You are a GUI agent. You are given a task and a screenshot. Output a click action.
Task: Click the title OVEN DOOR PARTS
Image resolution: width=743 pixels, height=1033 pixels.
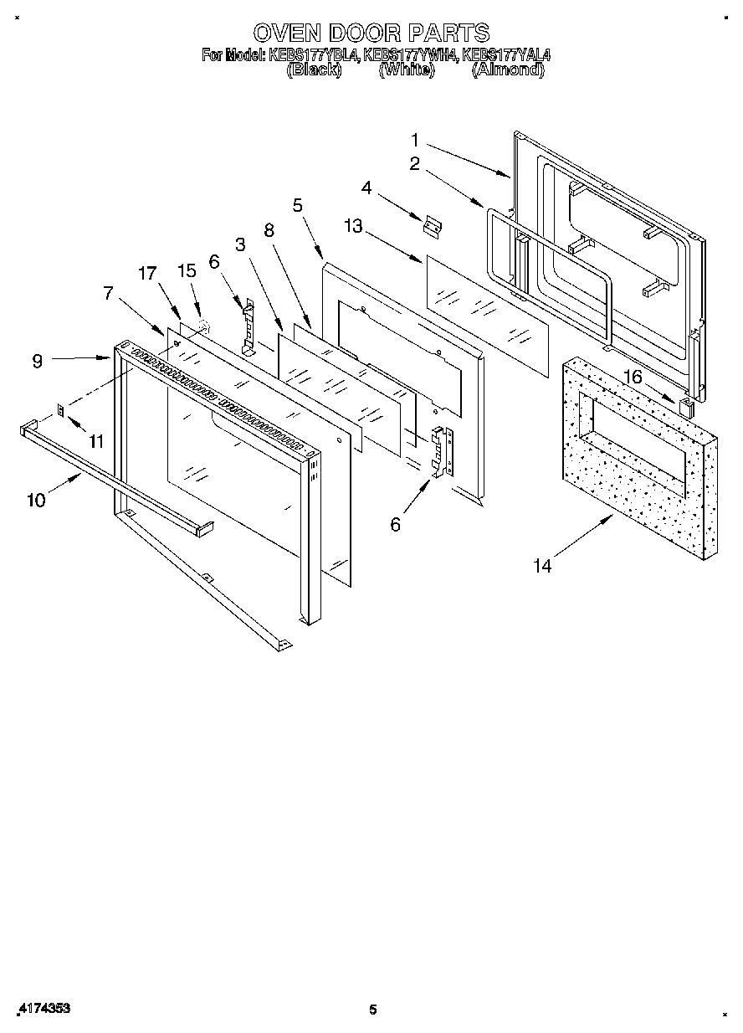click(371, 33)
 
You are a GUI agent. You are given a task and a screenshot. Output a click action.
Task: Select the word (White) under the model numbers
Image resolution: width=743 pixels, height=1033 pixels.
click(407, 70)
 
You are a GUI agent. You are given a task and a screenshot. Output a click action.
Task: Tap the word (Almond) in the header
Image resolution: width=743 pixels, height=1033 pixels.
click(508, 70)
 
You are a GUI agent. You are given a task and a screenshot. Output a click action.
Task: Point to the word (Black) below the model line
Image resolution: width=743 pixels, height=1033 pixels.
click(314, 70)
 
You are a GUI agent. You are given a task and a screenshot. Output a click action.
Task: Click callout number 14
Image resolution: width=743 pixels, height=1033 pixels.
click(542, 567)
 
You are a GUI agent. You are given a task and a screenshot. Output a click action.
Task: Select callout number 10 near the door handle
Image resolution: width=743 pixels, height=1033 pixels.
click(36, 501)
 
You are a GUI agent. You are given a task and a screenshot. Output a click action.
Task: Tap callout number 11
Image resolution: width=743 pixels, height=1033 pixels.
click(97, 441)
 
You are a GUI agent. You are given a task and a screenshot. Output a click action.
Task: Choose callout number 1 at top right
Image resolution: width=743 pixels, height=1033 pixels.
click(415, 140)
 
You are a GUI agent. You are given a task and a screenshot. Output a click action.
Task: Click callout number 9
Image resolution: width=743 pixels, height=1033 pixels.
click(38, 362)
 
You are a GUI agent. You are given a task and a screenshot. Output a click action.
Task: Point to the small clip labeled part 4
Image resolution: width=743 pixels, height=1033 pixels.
click(433, 226)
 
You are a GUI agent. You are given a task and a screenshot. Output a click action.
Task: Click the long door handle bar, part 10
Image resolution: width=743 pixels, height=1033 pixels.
click(117, 477)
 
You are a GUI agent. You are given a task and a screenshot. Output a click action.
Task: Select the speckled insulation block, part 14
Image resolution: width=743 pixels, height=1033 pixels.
click(640, 469)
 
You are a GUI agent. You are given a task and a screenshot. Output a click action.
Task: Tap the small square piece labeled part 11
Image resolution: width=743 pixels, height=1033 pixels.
click(61, 409)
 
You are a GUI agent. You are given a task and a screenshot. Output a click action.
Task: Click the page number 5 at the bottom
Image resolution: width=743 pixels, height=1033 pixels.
click(373, 1010)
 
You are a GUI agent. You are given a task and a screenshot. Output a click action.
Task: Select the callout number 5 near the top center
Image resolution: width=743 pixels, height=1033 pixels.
click(298, 204)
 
